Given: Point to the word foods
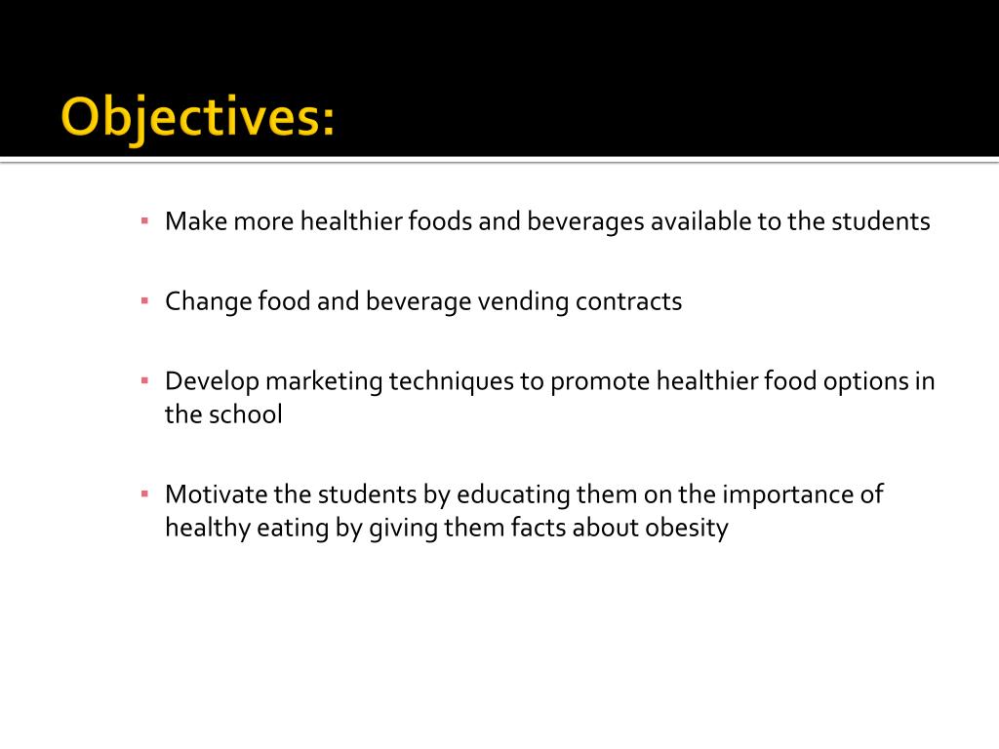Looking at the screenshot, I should click(437, 221).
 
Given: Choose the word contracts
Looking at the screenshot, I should click(628, 301).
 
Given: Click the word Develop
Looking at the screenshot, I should click(211, 381).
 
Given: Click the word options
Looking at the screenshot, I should click(856, 381).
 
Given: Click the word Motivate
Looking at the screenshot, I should click(211, 494).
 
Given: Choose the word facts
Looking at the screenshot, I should click(537, 529).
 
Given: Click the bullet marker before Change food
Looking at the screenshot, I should click(143, 300).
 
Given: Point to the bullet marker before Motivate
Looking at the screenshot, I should click(143, 493).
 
